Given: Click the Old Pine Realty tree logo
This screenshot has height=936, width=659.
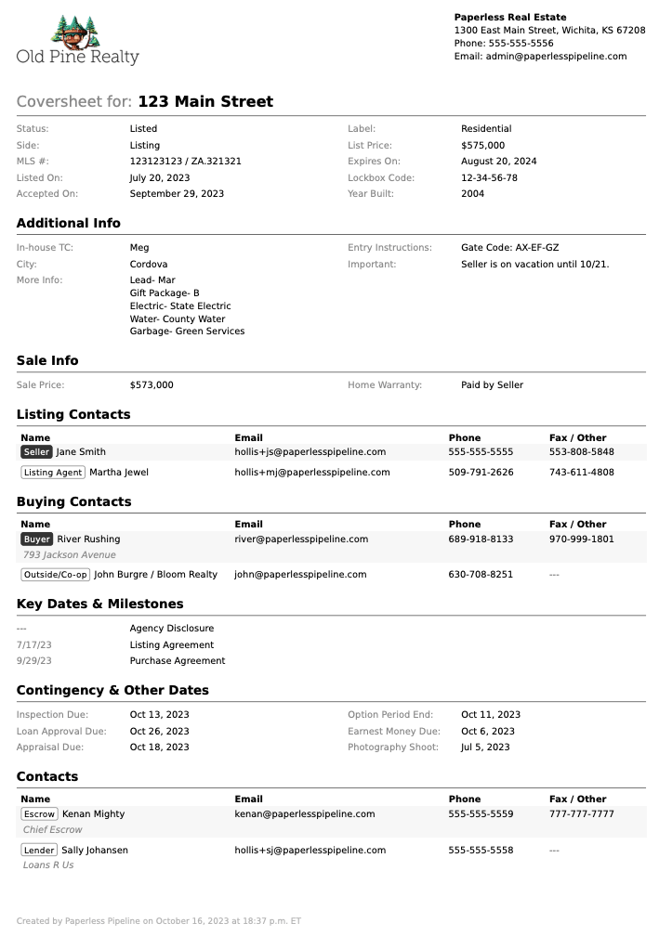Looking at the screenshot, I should [78, 31].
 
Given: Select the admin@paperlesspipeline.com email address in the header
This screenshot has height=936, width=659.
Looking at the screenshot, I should [556, 57].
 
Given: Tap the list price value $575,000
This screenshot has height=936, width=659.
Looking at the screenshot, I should [482, 146].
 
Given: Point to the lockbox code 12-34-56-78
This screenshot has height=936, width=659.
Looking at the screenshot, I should [489, 178].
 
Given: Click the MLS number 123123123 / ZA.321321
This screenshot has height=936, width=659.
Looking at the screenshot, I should [185, 162].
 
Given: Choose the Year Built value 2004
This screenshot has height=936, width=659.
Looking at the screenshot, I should [472, 194].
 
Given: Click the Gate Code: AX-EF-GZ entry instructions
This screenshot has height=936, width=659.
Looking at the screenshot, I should [509, 248].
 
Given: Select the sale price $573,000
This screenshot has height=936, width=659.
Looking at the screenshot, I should [152, 385].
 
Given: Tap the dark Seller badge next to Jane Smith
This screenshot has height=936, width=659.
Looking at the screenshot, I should [36, 452].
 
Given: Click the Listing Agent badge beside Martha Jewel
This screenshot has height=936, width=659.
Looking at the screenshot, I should [53, 473].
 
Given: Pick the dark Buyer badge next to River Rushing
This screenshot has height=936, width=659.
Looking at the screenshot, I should [37, 539].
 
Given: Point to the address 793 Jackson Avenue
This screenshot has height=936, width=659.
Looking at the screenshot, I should [70, 555].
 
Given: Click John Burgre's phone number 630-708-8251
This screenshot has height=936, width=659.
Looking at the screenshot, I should [481, 575].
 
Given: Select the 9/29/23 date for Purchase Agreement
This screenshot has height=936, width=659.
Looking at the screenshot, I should [34, 661].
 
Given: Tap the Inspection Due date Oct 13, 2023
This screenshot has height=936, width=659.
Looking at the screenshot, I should [159, 715].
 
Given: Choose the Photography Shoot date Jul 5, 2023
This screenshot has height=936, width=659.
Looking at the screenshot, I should [485, 747].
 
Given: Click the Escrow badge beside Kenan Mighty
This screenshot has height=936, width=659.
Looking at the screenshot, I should [39, 814].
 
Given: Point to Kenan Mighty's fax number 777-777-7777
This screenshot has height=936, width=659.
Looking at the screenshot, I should [581, 814].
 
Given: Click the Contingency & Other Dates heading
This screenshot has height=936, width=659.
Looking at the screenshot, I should [112, 691].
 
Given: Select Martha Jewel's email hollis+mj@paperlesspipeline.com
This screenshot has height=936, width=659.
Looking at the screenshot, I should [311, 473].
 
